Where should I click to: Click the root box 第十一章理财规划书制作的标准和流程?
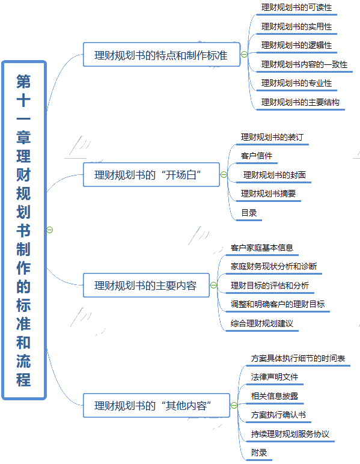[x=24, y=230]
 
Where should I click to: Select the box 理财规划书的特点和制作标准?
[x=162, y=55]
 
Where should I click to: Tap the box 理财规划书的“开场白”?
[x=151, y=174]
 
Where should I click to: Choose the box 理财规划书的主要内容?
[x=146, y=285]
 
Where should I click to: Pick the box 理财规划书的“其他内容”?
[x=156, y=406]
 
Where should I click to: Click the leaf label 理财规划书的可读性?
[x=296, y=7]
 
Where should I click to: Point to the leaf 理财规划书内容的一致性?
[x=304, y=64]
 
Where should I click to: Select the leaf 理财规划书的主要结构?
[x=301, y=102]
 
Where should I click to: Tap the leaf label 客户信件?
[x=257, y=156]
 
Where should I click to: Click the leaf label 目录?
[x=249, y=213]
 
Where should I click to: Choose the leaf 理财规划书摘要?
[x=268, y=194]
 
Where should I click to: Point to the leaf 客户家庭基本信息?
[x=262, y=248]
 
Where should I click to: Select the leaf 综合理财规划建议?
[x=262, y=323]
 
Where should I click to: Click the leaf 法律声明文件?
[x=275, y=377]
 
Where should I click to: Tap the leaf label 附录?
[x=259, y=453]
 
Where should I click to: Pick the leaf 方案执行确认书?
[x=278, y=415]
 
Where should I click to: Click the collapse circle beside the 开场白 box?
[x=224, y=174]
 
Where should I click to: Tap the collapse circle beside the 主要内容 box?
[x=213, y=285]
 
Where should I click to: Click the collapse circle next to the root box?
[x=50, y=230]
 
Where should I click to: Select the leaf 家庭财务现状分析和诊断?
[x=273, y=266]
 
